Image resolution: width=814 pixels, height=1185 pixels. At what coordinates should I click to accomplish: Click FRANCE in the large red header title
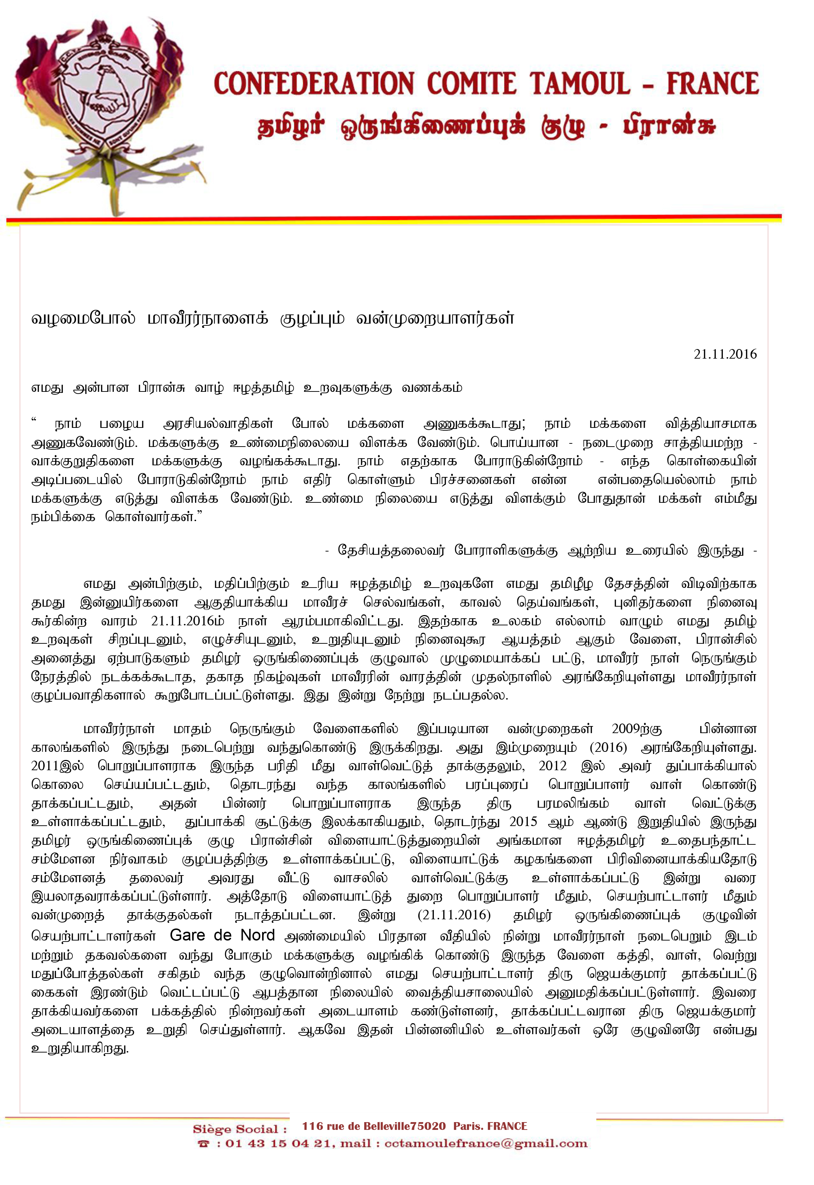pos(713,84)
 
